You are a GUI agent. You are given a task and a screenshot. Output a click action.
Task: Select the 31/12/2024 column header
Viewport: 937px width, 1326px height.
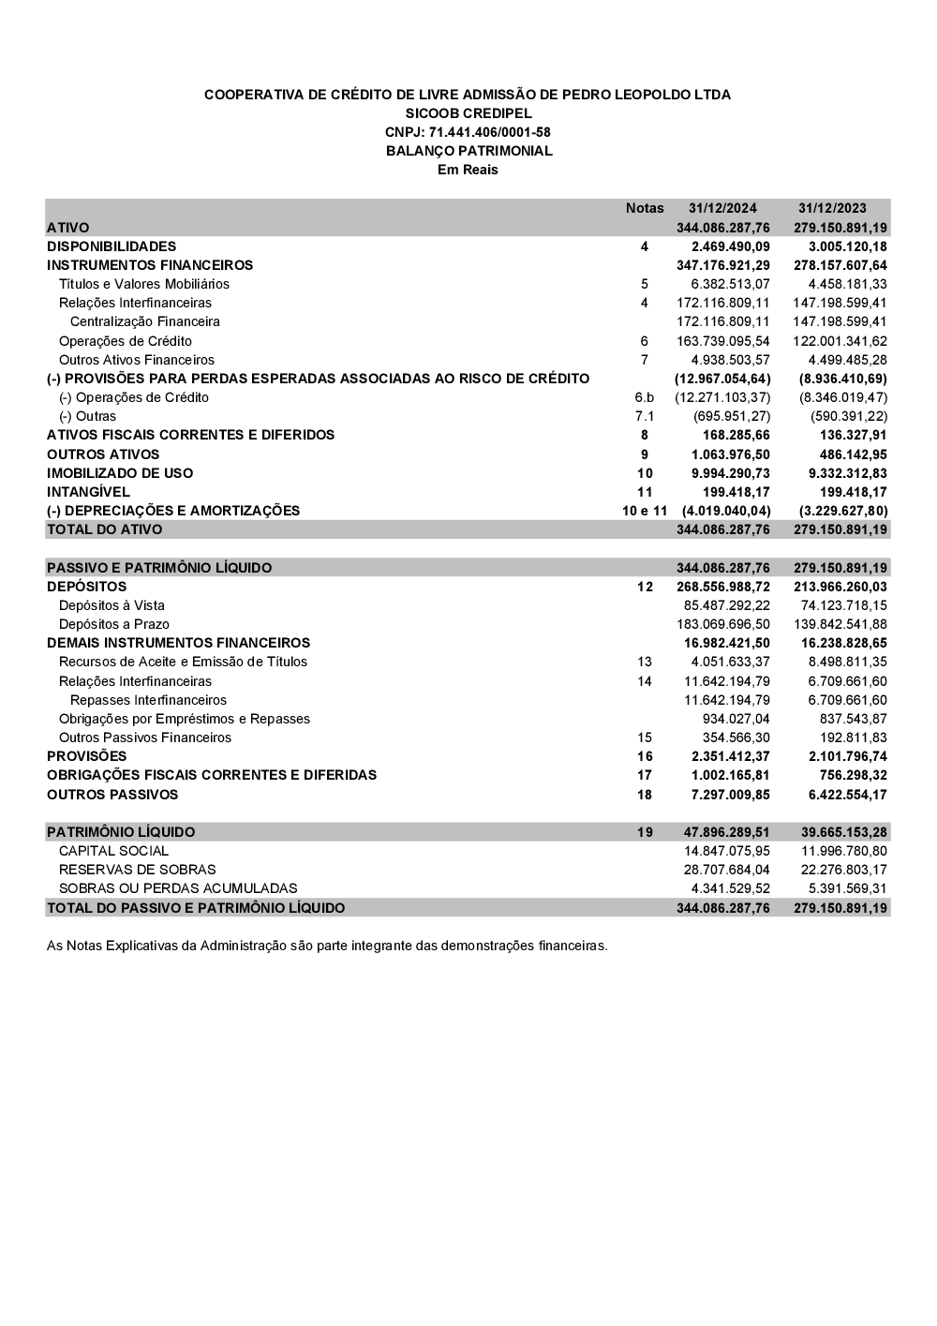point(722,208)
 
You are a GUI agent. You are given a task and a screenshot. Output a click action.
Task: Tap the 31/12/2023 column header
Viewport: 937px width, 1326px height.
point(832,208)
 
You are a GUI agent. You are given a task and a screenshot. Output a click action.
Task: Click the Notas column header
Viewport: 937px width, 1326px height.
point(645,208)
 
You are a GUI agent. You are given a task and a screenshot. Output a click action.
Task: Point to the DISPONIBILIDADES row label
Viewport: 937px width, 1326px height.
point(112,246)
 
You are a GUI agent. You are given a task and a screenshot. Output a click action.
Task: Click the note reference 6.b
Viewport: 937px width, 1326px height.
point(645,397)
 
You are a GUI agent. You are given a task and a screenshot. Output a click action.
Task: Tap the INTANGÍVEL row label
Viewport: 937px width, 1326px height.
point(88,492)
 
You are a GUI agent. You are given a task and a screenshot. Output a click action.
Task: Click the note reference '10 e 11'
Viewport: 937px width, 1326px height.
point(645,511)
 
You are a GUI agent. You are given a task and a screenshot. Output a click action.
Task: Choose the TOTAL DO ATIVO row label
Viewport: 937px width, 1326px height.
point(104,529)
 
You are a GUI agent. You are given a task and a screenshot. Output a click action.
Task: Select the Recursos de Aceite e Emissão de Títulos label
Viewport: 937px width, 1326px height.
point(183,662)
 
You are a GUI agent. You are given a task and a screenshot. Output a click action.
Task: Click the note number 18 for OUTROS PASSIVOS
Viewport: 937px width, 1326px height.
point(645,795)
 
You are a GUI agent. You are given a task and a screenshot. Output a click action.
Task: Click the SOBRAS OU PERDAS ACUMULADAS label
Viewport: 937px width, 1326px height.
point(178,888)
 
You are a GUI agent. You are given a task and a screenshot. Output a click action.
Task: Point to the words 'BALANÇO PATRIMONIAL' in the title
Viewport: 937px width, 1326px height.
point(468,151)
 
